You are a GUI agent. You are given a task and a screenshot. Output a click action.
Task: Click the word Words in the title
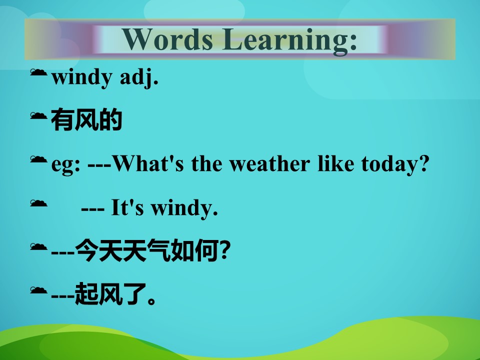coord(167,39)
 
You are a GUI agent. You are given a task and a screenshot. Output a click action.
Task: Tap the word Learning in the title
coord(289,41)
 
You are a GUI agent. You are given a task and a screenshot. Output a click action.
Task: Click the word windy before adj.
coord(81,77)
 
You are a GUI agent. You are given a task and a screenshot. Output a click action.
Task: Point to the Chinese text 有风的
coord(86,119)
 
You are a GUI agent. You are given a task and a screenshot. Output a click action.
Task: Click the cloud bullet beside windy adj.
coord(38,72)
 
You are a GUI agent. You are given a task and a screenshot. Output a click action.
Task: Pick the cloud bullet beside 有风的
coord(38,115)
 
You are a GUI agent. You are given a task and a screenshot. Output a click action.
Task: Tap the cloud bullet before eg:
coord(38,159)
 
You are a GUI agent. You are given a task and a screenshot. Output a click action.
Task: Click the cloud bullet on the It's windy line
coord(38,202)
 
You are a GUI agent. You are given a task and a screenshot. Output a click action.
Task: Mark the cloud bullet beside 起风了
coord(38,289)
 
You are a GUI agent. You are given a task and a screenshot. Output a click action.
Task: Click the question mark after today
coord(423,163)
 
